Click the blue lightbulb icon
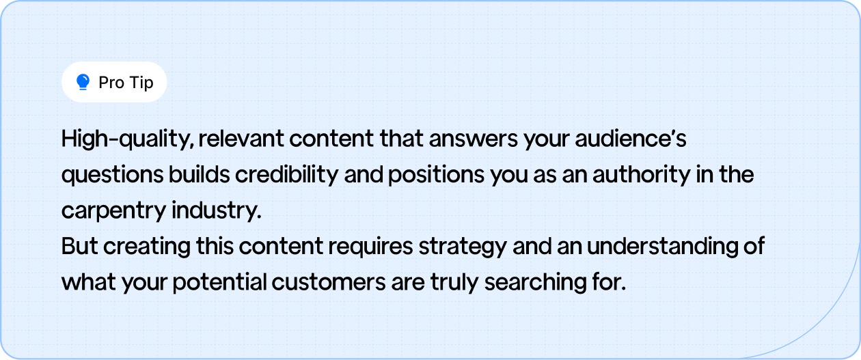click(x=83, y=83)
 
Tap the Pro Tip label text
click(x=126, y=83)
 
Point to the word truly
click(x=456, y=282)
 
